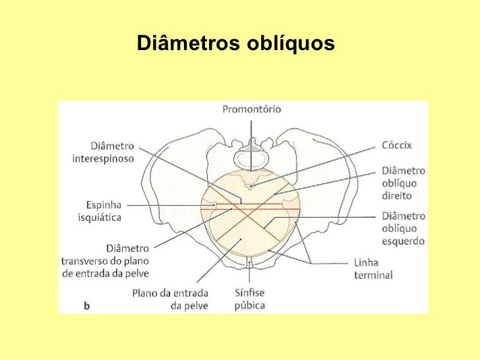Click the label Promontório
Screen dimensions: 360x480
click(x=251, y=109)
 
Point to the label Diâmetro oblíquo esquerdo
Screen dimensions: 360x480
click(x=403, y=228)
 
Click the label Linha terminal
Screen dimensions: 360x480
click(x=373, y=269)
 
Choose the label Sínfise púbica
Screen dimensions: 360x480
click(x=249, y=299)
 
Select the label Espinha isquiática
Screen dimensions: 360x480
click(x=104, y=210)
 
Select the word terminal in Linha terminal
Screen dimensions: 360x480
click(x=373, y=275)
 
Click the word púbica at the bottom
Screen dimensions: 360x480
click(x=249, y=305)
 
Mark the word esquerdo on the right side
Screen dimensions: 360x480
click(x=403, y=241)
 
